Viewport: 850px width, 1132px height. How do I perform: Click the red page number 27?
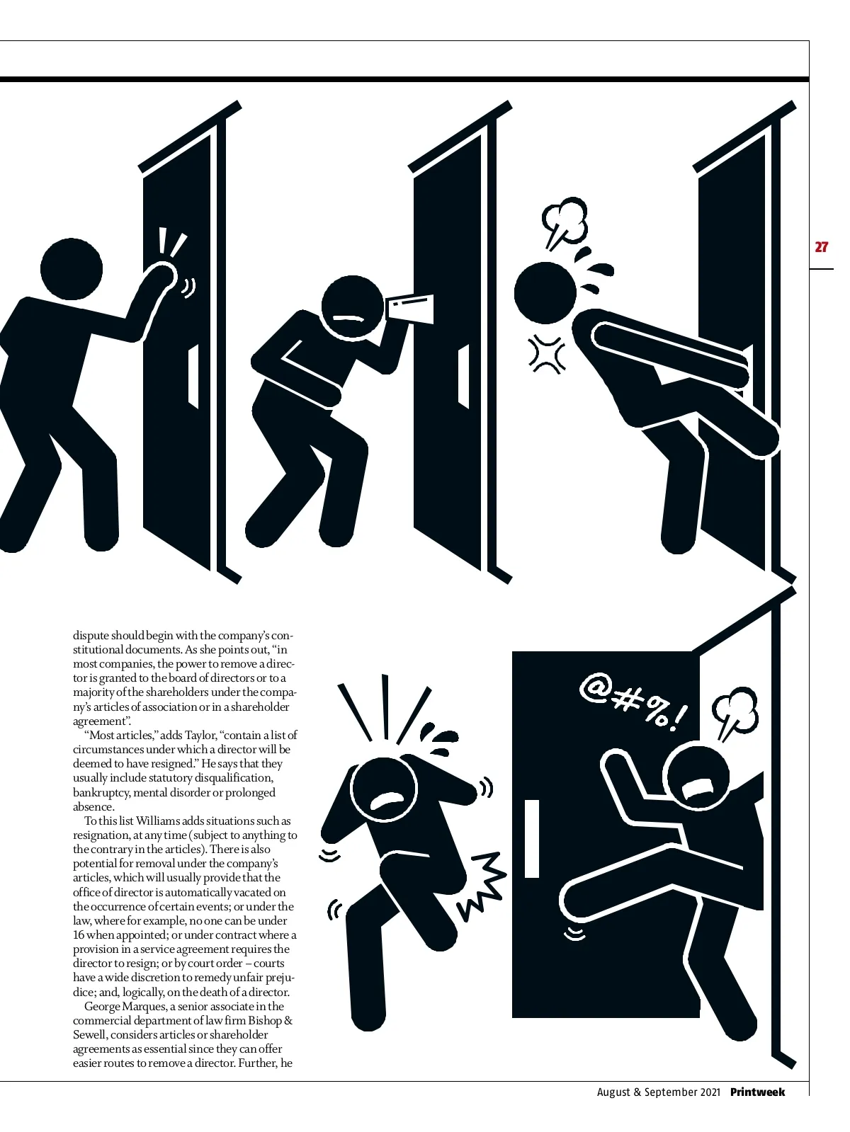click(821, 246)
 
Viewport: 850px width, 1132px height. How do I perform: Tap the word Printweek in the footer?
click(757, 1091)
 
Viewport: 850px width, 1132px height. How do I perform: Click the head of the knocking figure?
click(71, 269)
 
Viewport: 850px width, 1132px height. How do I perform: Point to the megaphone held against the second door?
click(409, 309)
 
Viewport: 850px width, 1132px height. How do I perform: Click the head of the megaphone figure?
click(353, 307)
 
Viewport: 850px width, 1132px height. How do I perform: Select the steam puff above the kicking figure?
click(565, 223)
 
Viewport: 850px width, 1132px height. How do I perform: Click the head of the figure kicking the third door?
click(545, 292)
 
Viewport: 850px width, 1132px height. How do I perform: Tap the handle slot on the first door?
click(193, 377)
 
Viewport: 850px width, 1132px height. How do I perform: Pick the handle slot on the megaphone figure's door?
click(464, 377)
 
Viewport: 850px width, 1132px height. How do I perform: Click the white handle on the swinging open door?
click(532, 838)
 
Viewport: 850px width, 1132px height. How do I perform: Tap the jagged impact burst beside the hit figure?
click(482, 886)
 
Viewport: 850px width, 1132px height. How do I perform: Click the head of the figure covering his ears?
click(383, 790)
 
